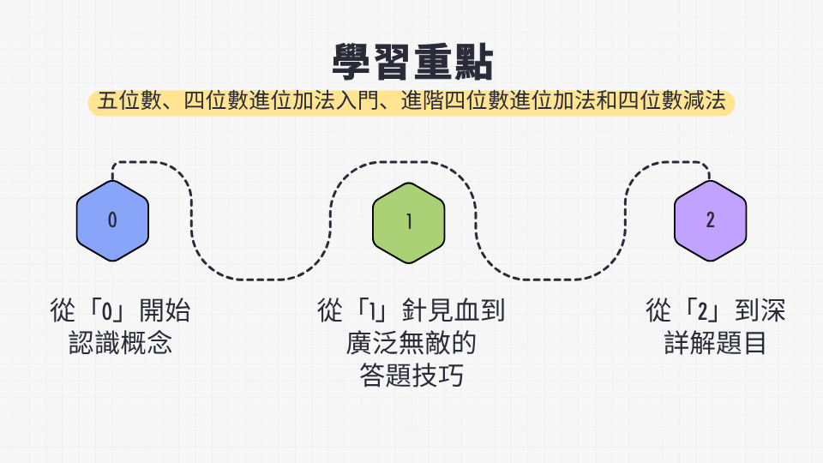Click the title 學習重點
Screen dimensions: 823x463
pos(412,62)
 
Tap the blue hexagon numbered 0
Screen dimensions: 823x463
pos(112,220)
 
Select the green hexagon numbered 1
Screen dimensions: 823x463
pos(408,223)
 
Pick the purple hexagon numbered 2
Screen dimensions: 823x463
pos(710,220)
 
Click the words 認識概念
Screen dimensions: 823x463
pos(120,343)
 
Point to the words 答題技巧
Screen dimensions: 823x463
pos(411,376)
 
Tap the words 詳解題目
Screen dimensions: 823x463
pos(715,343)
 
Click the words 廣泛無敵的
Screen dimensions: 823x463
pos(411,343)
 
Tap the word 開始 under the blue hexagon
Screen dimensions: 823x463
pos(165,310)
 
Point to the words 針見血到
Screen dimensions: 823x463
pos(454,310)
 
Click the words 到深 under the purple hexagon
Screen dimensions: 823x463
pos(760,310)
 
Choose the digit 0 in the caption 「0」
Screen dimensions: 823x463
pos(107,311)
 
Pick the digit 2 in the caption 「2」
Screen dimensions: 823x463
pos(703,311)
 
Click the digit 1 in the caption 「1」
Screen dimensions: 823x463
pos(373,311)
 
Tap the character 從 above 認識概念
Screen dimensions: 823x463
pos(63,310)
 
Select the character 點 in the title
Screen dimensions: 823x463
pos(473,62)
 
